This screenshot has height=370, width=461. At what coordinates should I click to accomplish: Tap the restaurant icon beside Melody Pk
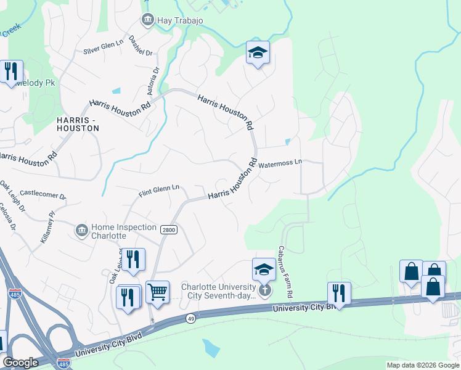click(11, 73)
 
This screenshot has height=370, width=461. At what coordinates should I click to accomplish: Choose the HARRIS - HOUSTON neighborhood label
click(77, 123)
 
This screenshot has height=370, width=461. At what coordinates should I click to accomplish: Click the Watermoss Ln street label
click(280, 164)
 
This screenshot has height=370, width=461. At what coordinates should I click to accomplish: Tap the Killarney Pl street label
click(47, 227)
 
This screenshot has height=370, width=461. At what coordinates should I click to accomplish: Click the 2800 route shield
click(168, 229)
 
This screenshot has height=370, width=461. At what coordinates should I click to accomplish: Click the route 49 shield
click(190, 318)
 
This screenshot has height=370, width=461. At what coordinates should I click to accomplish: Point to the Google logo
click(20, 363)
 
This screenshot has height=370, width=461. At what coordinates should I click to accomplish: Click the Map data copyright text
click(422, 365)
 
